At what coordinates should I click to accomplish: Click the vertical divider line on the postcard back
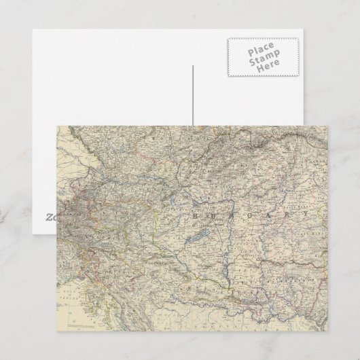(x=192, y=95)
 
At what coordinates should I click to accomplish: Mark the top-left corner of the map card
(x=57, y=125)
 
